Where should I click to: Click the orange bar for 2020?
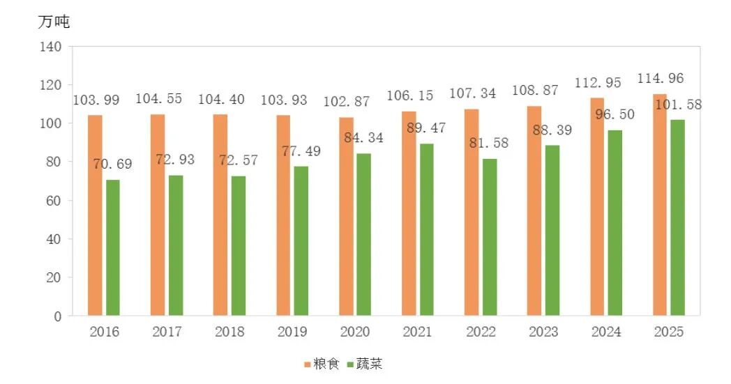tap(346, 216)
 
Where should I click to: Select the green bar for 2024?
tap(615, 222)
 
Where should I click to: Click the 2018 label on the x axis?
tap(229, 332)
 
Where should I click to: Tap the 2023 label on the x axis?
tap(543, 332)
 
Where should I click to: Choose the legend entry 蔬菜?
tap(363, 364)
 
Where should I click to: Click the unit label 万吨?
tap(54, 22)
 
